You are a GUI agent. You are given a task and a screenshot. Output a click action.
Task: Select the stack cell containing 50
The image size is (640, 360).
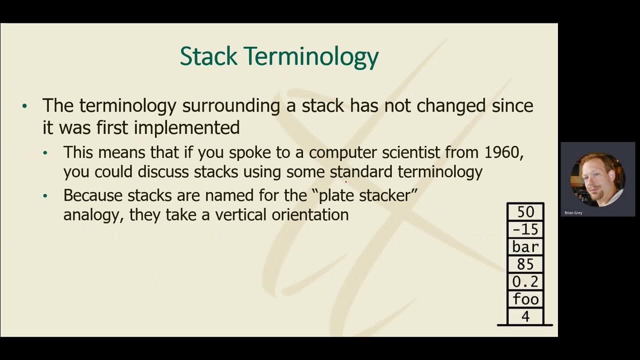pyautogui.click(x=525, y=212)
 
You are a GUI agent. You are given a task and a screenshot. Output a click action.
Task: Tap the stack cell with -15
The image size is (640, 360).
pyautogui.click(x=525, y=229)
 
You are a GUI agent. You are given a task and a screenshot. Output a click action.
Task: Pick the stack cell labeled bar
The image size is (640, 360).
pyautogui.click(x=525, y=247)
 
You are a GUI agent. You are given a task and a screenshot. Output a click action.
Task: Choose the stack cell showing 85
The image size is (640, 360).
pyautogui.click(x=525, y=264)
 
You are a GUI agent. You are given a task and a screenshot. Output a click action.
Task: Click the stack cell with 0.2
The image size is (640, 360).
pyautogui.click(x=525, y=282)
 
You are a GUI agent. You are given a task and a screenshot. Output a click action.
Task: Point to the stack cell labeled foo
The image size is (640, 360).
pyautogui.click(x=525, y=299)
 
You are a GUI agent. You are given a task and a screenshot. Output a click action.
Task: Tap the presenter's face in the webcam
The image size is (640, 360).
pyautogui.click(x=596, y=177)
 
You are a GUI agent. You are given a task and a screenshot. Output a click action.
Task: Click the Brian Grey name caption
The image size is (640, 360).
pyautogui.click(x=573, y=213)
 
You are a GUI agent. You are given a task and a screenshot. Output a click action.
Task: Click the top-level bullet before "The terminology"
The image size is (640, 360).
pyautogui.click(x=25, y=106)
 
